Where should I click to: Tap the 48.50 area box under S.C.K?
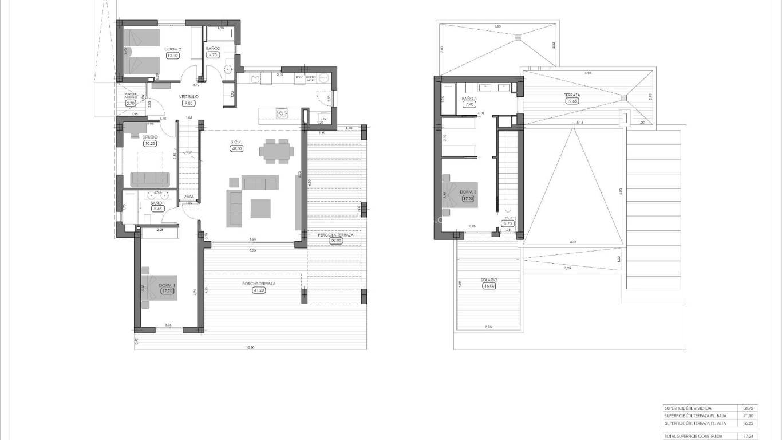(x=236, y=148)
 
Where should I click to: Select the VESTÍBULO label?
(x=189, y=97)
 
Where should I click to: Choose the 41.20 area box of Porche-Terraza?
(x=259, y=290)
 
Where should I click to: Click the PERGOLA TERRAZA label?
(x=336, y=235)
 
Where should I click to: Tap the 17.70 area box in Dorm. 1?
(x=167, y=291)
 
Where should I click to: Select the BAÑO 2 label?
(x=213, y=49)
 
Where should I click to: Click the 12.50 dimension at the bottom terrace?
(x=250, y=347)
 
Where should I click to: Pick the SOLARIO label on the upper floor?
(x=489, y=280)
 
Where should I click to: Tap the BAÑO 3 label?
(x=469, y=99)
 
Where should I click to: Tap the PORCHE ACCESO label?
(x=131, y=95)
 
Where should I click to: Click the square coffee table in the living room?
(x=261, y=208)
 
